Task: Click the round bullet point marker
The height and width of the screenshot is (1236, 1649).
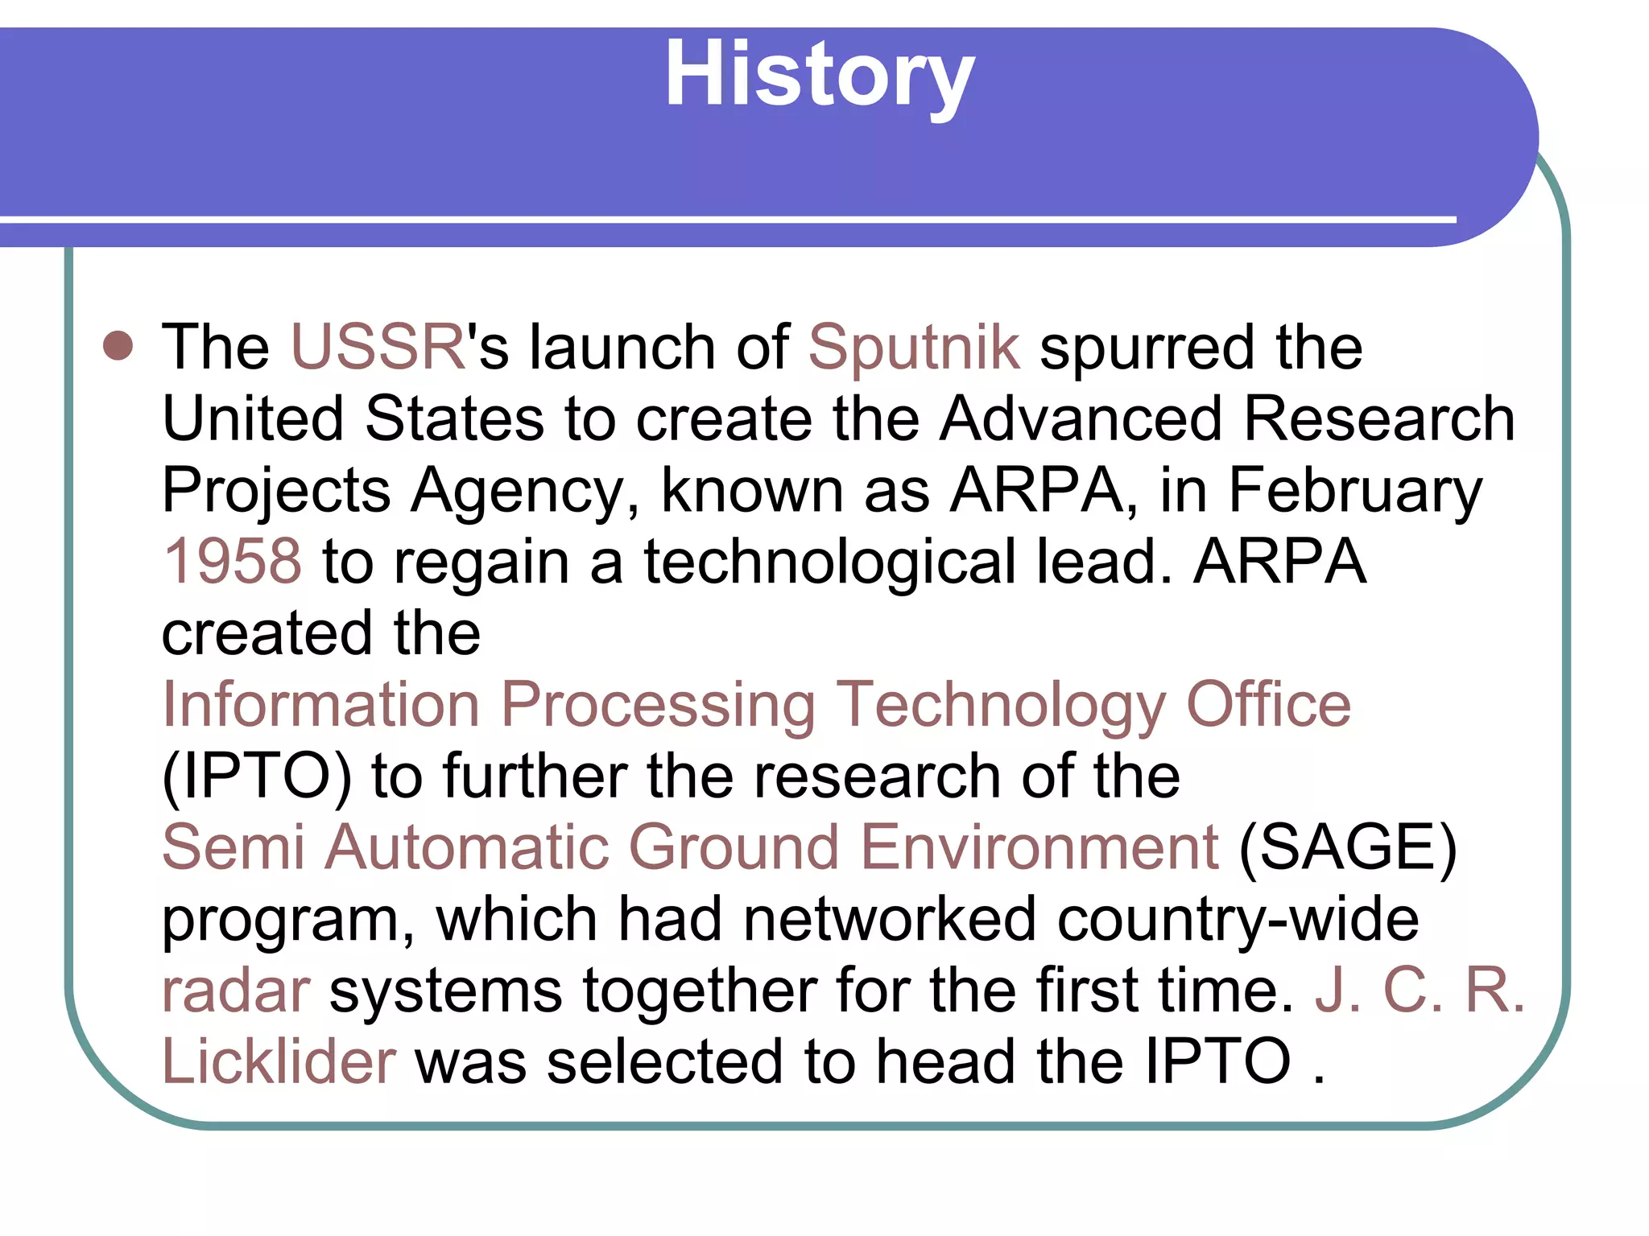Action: tap(118, 345)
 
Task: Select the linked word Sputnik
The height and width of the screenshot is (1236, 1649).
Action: tap(914, 348)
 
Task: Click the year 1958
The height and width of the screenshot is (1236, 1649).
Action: tap(232, 561)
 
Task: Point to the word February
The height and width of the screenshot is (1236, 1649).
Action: tap(1354, 491)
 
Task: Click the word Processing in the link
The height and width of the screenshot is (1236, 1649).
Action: tap(658, 706)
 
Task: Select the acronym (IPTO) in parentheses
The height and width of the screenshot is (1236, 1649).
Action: tap(257, 777)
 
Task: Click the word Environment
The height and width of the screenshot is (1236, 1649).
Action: tap(1039, 847)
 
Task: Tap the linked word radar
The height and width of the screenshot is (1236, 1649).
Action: tap(236, 991)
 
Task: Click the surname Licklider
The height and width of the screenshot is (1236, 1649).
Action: tap(279, 1061)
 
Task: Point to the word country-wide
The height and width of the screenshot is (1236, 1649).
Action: tap(1238, 920)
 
